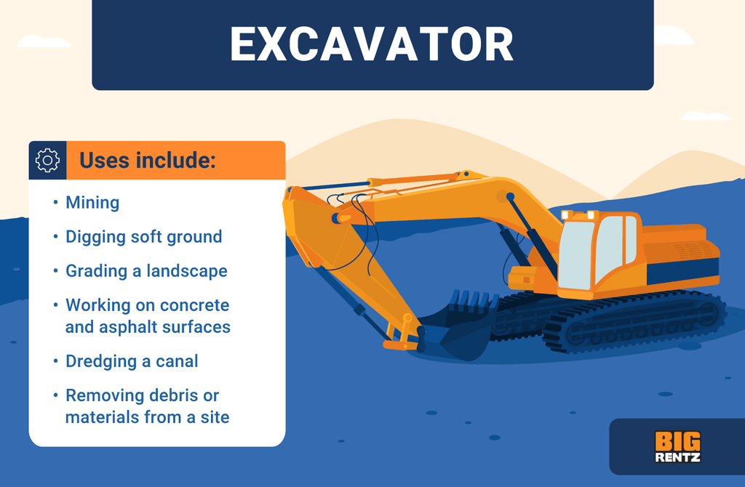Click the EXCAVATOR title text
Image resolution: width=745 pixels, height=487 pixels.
pyautogui.click(x=372, y=45)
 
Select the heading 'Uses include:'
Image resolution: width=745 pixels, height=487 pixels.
pyautogui.click(x=147, y=161)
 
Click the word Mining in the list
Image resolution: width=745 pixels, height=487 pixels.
pyautogui.click(x=92, y=203)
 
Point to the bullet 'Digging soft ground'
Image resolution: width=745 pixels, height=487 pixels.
pyautogui.click(x=143, y=237)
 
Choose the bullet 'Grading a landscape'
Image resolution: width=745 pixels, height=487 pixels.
pyautogui.click(x=146, y=271)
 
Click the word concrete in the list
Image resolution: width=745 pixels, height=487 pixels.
pyautogui.click(x=196, y=305)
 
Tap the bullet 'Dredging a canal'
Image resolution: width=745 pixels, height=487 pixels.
pyautogui.click(x=132, y=361)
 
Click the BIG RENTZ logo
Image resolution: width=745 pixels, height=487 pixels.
pyautogui.click(x=677, y=447)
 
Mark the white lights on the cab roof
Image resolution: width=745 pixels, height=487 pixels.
pyautogui.click(x=578, y=215)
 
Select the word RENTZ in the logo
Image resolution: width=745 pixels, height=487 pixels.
pyautogui.click(x=677, y=457)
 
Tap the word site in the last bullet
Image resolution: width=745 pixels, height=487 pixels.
pyautogui.click(x=215, y=417)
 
